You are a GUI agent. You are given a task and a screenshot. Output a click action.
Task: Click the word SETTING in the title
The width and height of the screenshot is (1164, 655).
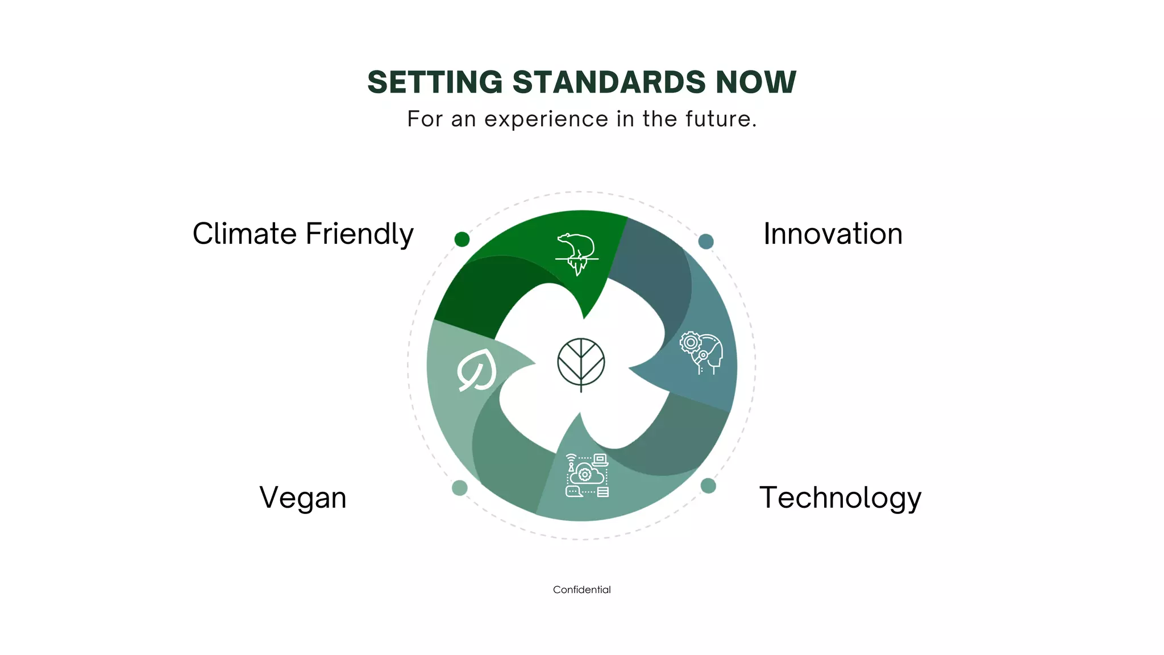pos(435,82)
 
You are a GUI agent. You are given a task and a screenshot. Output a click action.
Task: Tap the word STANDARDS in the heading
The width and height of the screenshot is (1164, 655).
pos(609,82)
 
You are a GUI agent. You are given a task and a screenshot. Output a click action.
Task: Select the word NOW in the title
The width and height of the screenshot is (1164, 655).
pos(755,82)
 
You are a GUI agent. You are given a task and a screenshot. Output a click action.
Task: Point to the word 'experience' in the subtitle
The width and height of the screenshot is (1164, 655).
pos(546,119)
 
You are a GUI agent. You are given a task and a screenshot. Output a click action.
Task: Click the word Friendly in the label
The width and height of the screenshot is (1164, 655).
pos(359,235)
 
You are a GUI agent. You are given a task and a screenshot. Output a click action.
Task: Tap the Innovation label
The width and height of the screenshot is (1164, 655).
pos(833,234)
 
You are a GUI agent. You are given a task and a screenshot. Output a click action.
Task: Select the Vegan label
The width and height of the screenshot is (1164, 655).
pos(303,498)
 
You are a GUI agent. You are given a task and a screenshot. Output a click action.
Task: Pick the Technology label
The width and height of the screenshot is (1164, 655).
pos(840,498)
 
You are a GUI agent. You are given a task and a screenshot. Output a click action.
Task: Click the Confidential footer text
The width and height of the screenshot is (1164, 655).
pos(581,590)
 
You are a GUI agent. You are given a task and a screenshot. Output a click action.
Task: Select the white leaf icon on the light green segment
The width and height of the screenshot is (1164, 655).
pos(477,370)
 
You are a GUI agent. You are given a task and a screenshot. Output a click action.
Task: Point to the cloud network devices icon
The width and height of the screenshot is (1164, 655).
pos(587,475)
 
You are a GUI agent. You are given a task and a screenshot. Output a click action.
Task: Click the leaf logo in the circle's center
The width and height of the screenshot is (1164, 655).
pos(581,364)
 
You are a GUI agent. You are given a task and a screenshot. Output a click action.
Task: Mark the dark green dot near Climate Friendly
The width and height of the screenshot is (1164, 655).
pos(462,239)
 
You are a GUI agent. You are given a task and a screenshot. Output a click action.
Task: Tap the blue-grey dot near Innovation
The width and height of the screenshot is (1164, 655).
pos(706,241)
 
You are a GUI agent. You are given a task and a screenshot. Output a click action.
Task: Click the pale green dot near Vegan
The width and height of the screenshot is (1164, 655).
pos(460,488)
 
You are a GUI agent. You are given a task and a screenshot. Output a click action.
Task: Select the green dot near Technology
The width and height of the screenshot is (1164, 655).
pos(708,486)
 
